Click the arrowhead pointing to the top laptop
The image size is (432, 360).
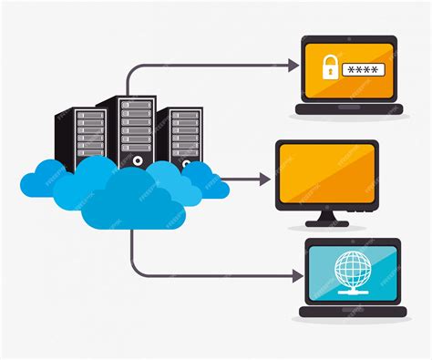pos(293,65)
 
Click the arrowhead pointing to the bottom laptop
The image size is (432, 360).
pos(297,273)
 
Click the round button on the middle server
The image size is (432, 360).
pos(138,159)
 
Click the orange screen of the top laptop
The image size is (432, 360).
pos(348,67)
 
